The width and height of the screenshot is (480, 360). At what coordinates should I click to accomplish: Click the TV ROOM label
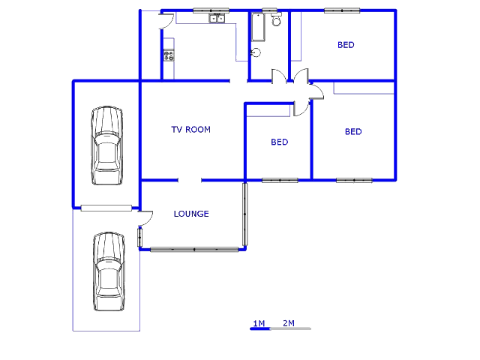(x=190, y=130)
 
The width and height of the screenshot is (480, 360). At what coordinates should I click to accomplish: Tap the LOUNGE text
(x=191, y=214)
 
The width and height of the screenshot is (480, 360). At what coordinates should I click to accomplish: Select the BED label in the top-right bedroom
(x=346, y=45)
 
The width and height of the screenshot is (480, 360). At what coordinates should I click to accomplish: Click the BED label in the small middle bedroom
(x=280, y=142)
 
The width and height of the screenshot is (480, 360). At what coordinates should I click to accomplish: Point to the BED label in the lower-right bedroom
(x=353, y=132)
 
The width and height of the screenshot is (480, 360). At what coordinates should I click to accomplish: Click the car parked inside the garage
(x=106, y=145)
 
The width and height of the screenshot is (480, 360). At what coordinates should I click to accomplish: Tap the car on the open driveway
(x=108, y=271)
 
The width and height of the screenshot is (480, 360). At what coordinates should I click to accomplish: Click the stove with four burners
(x=169, y=55)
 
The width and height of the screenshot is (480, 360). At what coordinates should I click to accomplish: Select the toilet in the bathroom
(x=277, y=20)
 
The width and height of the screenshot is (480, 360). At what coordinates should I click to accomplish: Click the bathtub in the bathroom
(x=257, y=28)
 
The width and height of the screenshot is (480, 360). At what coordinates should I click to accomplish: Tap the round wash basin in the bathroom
(x=256, y=52)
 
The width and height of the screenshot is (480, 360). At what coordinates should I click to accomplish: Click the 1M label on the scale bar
(x=259, y=323)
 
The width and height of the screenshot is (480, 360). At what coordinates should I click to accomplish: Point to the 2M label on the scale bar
(x=289, y=323)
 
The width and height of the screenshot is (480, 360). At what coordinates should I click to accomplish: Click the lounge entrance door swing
(x=145, y=217)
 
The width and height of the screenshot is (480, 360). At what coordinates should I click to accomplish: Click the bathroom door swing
(x=279, y=76)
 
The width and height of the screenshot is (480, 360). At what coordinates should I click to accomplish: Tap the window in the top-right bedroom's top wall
(x=341, y=10)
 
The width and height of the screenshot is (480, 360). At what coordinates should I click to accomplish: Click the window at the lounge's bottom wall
(x=194, y=249)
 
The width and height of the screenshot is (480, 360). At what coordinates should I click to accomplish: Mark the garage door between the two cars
(x=106, y=208)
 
